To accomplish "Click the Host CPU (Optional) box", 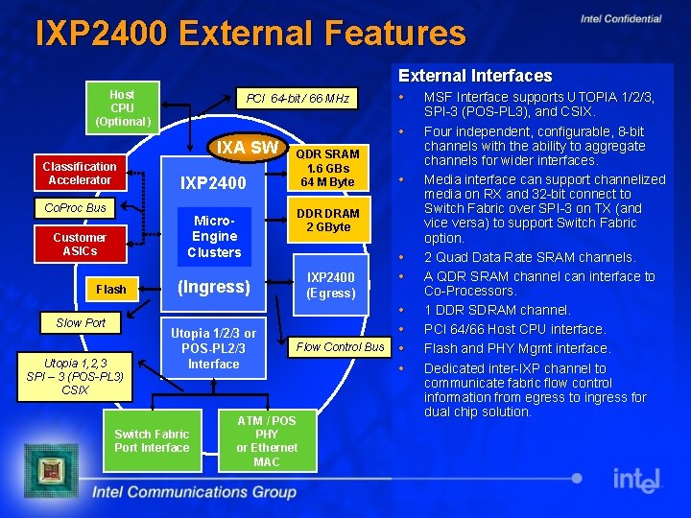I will click(x=122, y=107).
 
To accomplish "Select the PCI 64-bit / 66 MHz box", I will click(x=298, y=99).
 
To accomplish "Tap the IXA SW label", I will click(x=247, y=148).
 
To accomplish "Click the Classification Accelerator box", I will click(x=80, y=173).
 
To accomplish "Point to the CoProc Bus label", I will click(x=76, y=207).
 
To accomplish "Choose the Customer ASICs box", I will click(x=80, y=244).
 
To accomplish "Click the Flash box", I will click(x=110, y=289).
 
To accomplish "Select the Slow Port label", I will click(x=81, y=322).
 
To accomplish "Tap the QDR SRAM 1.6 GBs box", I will click(x=327, y=168).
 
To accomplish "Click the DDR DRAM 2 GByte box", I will click(x=327, y=220).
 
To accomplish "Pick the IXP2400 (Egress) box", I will click(x=331, y=285).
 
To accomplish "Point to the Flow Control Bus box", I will click(x=340, y=346).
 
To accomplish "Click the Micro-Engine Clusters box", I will click(x=214, y=236).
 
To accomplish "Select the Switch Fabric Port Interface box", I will click(x=152, y=440).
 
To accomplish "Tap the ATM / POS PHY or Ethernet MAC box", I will click(x=267, y=441).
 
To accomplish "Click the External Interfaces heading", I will click(x=475, y=76).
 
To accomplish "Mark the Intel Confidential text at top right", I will click(x=621, y=18).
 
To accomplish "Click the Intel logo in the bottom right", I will click(x=637, y=479).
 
